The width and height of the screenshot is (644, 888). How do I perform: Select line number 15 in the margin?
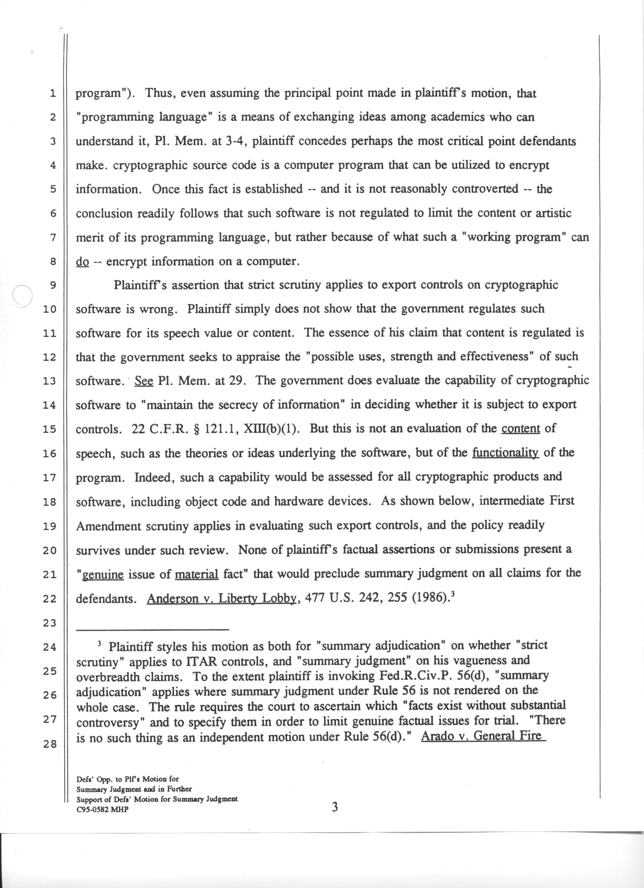(50, 429)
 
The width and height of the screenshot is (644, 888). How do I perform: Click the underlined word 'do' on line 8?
(83, 262)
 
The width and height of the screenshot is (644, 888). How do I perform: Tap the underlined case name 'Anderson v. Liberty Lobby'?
(221, 599)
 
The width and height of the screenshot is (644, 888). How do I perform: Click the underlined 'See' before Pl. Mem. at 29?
(144, 381)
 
